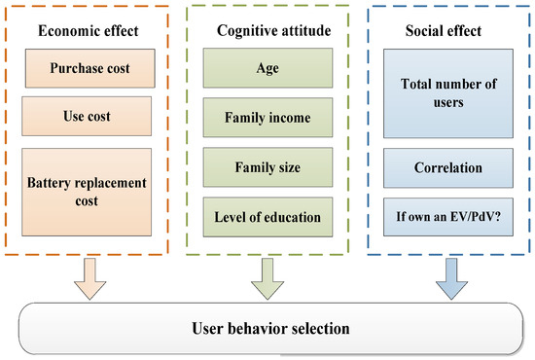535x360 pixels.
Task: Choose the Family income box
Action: point(267,118)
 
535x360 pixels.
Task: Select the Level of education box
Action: point(267,215)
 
